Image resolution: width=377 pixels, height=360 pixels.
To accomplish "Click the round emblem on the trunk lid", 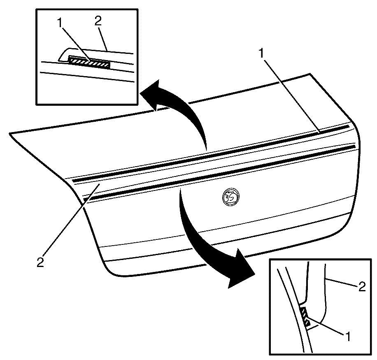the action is [x=231, y=197].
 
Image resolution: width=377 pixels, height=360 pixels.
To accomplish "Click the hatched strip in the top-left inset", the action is [x=89, y=62].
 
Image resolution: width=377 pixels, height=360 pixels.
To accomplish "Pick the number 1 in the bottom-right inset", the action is [x=347, y=337].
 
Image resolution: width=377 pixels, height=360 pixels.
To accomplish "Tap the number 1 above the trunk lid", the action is [x=261, y=53].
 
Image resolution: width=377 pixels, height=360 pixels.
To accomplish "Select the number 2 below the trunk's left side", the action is [x=40, y=262].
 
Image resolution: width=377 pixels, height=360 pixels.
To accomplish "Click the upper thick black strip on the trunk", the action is [x=211, y=153].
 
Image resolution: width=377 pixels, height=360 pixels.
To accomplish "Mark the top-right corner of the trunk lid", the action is [x=310, y=74].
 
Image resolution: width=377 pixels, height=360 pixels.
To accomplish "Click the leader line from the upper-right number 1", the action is [x=291, y=95].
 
